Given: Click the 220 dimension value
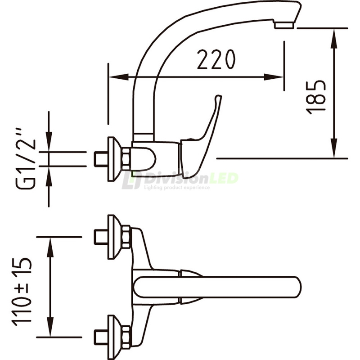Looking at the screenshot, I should click(216, 59).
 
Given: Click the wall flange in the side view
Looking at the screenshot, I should click(112, 159).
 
